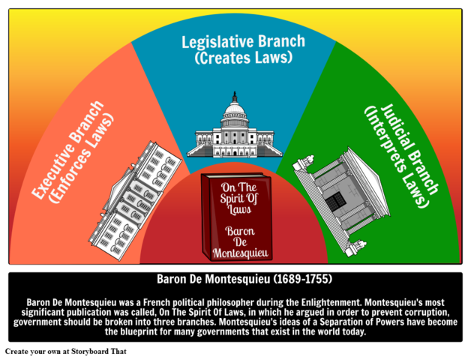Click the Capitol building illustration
click(x=235, y=129)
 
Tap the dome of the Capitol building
click(x=235, y=112)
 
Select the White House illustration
click(x=136, y=199)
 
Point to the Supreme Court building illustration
click(x=340, y=194)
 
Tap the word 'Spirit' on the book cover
click(x=238, y=199)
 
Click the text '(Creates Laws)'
click(x=235, y=58)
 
